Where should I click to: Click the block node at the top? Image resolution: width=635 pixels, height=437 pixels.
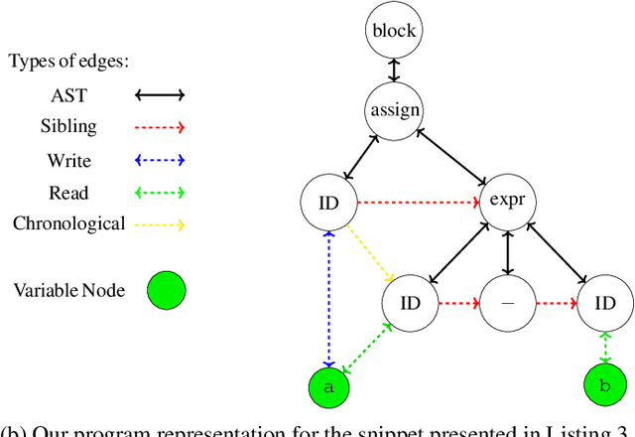[395, 31]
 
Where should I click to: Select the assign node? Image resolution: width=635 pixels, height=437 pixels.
[395, 110]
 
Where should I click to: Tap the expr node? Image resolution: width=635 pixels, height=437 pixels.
[507, 203]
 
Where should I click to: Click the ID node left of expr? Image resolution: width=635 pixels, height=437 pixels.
[328, 203]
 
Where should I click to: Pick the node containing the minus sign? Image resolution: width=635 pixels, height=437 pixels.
[507, 303]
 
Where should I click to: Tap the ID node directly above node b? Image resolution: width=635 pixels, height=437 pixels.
[604, 303]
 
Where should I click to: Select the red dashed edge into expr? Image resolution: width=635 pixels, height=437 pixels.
[418, 203]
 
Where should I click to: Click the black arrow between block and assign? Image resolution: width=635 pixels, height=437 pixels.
[395, 71]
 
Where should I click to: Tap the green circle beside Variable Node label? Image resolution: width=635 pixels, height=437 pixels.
[167, 292]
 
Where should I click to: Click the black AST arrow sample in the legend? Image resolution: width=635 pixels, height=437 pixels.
[161, 96]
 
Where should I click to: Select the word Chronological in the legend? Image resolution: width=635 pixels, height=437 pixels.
[68, 223]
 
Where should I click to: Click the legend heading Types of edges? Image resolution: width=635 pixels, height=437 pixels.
[69, 62]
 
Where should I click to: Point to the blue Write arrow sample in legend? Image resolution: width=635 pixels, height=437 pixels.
[161, 160]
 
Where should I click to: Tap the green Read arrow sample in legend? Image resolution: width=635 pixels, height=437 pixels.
[161, 193]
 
